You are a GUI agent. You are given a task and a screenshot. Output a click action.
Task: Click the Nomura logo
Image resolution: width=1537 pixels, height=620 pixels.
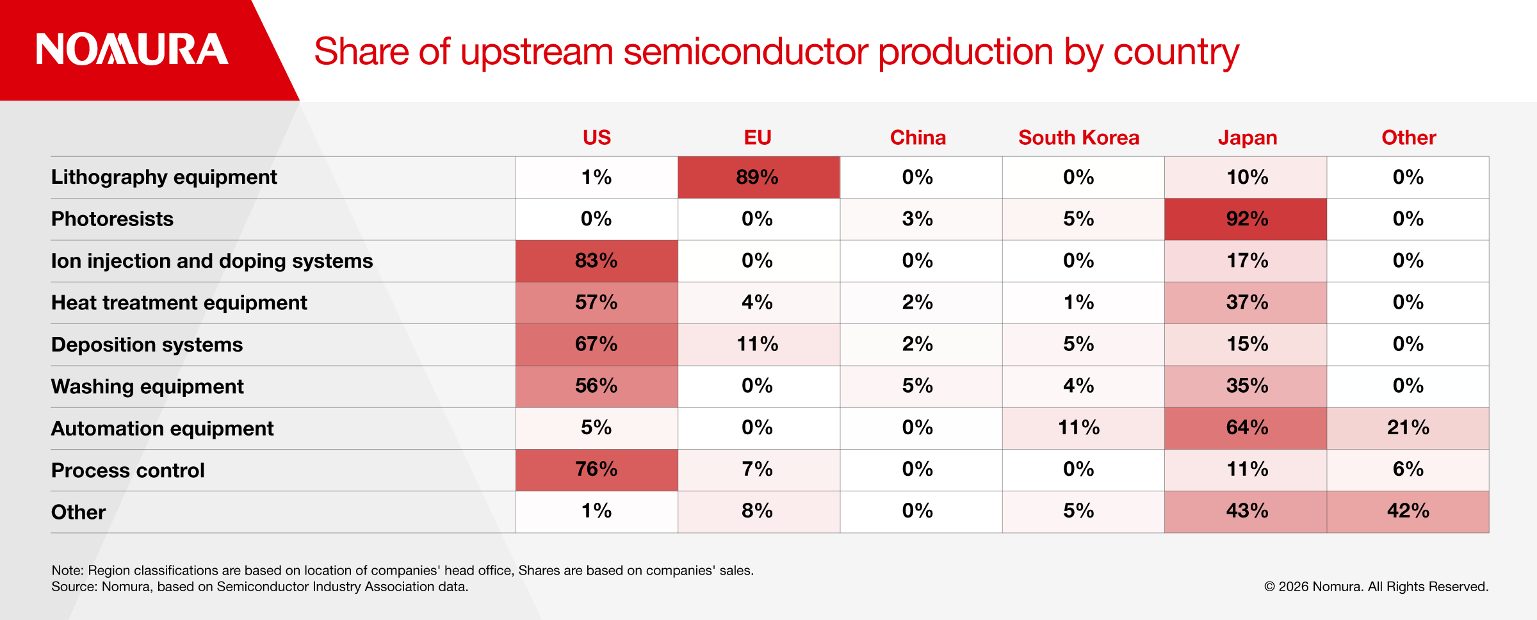(x=132, y=49)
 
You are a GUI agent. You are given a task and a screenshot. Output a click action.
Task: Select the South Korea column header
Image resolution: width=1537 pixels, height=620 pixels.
(x=1078, y=138)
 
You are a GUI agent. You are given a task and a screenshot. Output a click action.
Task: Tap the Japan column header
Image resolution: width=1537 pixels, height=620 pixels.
(x=1248, y=138)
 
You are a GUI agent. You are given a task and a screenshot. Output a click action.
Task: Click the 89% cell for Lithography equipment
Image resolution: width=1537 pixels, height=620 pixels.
(x=758, y=177)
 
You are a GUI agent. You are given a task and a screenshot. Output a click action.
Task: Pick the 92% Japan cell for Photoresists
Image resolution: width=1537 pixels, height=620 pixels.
(x=1246, y=219)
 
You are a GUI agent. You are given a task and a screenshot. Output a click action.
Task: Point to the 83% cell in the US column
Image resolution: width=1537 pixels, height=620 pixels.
(x=596, y=261)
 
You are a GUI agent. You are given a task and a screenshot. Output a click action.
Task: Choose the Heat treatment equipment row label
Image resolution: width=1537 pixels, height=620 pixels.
(x=179, y=302)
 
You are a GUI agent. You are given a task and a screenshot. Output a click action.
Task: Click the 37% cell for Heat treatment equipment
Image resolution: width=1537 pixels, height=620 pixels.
(x=1246, y=302)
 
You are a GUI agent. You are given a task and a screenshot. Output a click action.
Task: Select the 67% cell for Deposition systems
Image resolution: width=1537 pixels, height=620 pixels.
(x=596, y=345)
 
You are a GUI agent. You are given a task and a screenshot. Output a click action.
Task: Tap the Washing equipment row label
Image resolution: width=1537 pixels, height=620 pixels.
(x=147, y=386)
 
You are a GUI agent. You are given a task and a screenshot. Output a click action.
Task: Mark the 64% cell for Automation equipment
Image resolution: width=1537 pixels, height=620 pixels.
(x=1246, y=428)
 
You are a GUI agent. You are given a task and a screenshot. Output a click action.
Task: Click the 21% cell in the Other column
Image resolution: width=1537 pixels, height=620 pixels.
(x=1408, y=428)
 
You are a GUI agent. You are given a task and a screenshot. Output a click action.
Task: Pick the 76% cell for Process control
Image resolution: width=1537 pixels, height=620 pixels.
(x=596, y=469)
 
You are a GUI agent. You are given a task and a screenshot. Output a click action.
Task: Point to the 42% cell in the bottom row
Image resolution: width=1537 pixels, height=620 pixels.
(x=1408, y=511)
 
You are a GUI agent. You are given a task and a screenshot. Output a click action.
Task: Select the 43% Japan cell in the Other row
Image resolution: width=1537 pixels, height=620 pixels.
(x=1246, y=511)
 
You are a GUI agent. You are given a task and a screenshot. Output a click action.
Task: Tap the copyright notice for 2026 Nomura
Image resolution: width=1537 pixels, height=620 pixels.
(x=1376, y=587)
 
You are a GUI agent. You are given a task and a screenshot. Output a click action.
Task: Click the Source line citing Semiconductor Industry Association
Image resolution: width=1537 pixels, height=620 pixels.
(x=260, y=587)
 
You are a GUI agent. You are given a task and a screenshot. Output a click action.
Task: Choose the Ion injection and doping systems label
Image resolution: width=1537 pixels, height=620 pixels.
(x=212, y=261)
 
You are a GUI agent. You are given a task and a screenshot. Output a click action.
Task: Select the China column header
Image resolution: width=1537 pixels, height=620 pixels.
(x=918, y=138)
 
